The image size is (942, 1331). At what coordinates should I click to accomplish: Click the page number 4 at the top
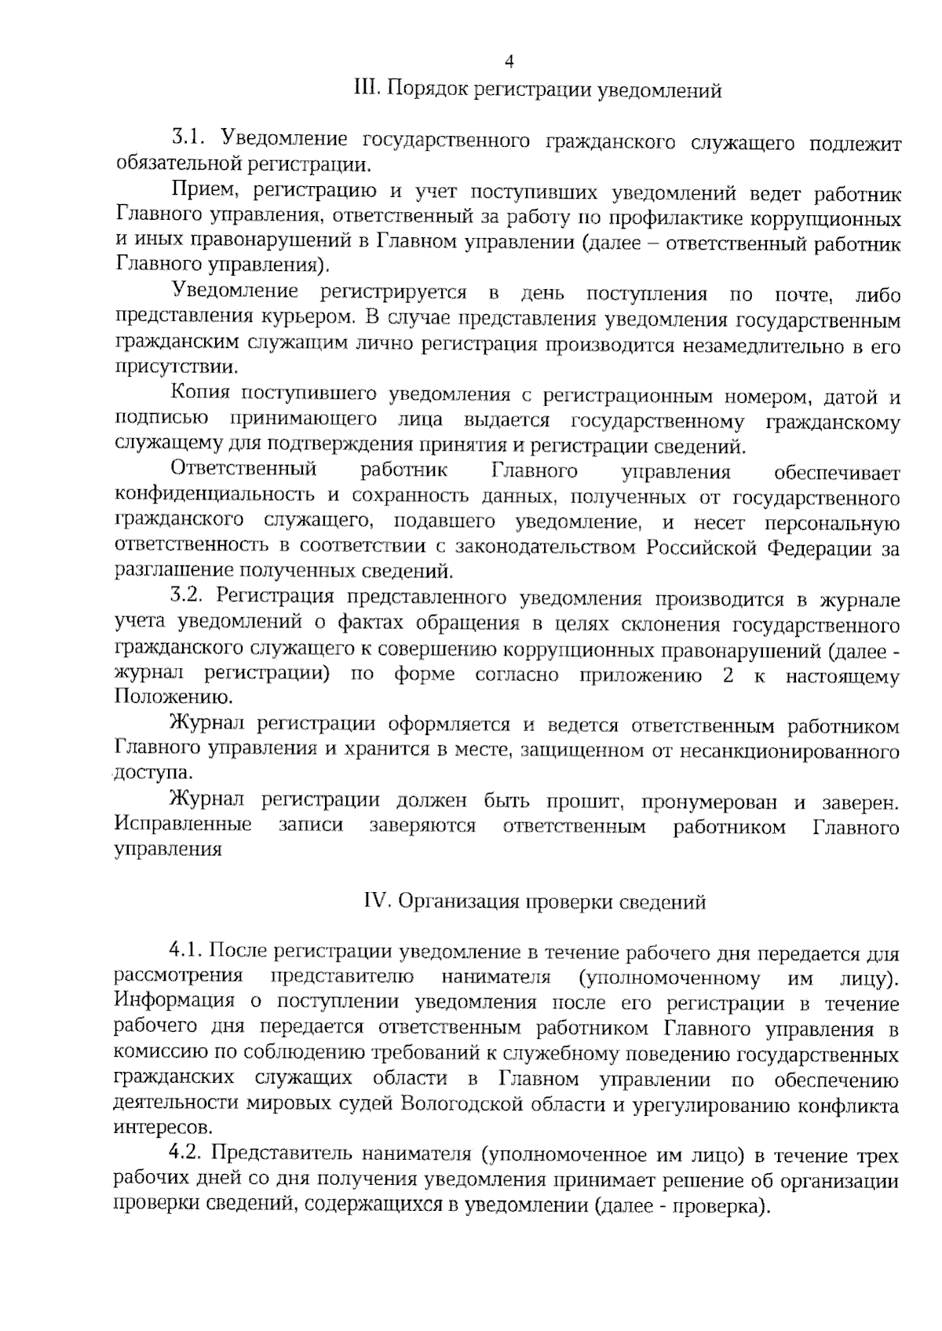coord(509,61)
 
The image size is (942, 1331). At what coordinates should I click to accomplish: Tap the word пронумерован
coord(710,802)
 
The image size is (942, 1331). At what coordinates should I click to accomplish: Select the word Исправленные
coord(183,825)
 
